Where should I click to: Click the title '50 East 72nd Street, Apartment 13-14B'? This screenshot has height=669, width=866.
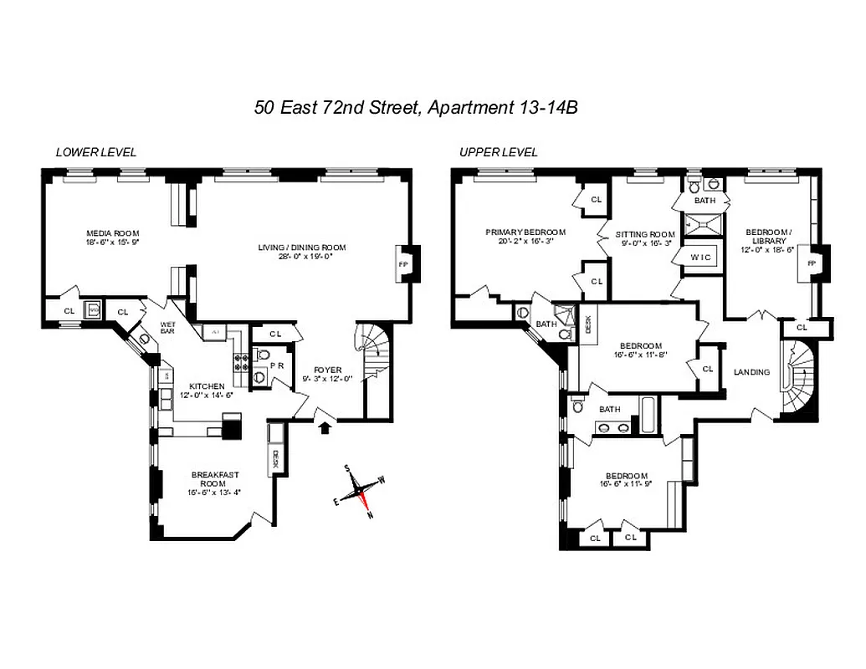click(x=417, y=107)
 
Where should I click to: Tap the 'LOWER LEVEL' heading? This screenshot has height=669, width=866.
click(x=95, y=152)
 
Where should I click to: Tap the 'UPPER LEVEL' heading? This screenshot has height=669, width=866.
click(x=498, y=152)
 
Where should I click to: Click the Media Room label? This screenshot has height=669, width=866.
click(x=112, y=233)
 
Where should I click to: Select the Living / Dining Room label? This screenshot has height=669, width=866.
click(x=301, y=248)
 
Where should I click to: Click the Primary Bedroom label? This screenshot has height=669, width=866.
click(x=525, y=232)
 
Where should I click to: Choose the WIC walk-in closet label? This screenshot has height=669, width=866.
click(x=700, y=257)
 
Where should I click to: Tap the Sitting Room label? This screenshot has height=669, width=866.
click(x=644, y=234)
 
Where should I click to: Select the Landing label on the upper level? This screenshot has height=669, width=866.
click(x=751, y=372)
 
